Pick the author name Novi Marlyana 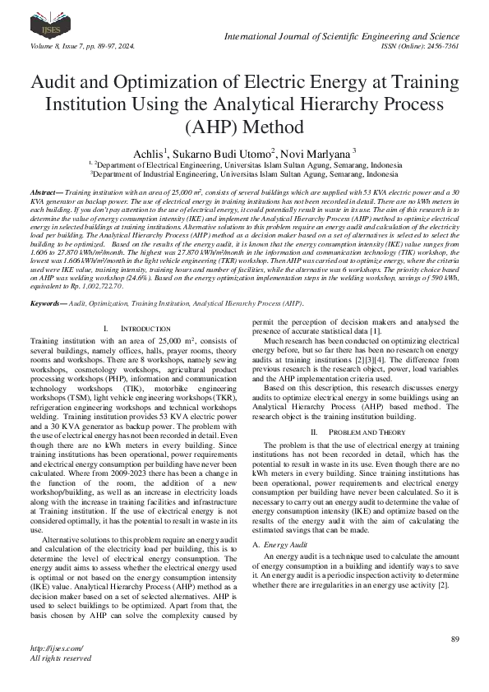pos(317,153)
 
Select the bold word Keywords pos(48,280)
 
